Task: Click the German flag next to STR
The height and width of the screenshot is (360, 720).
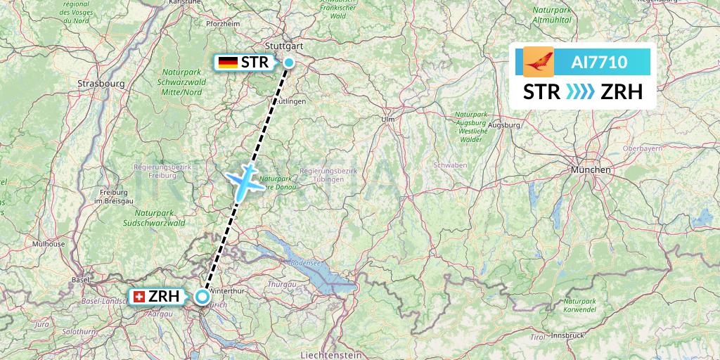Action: point(228,63)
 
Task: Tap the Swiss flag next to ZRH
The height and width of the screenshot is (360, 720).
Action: point(139,297)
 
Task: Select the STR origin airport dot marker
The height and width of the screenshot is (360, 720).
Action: point(289,63)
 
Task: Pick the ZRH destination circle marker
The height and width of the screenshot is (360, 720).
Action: point(202,297)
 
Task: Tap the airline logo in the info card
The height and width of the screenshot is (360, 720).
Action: point(539,62)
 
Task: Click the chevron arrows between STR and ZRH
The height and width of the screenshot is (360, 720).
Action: point(580,92)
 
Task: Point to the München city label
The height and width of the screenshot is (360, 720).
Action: point(591,170)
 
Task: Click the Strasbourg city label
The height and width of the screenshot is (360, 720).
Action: point(101,83)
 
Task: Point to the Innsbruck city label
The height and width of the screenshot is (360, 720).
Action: point(569,335)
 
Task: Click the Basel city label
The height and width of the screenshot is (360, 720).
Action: point(79,279)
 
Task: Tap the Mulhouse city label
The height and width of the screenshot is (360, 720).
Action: point(48,244)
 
